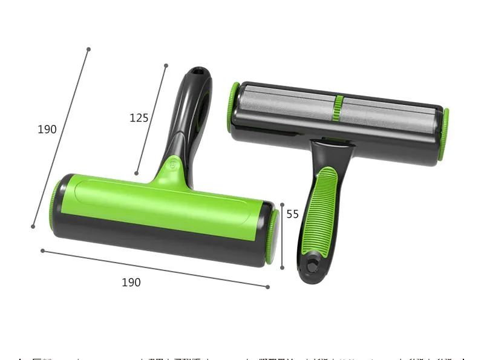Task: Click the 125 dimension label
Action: [139, 118]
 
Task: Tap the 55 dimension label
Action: [293, 214]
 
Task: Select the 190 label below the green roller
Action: [131, 283]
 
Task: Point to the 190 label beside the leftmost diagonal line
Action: [47, 129]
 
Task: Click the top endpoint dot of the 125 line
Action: [166, 65]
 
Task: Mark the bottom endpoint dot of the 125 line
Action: [137, 174]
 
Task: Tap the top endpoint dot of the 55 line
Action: [282, 204]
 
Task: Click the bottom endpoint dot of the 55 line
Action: [282, 268]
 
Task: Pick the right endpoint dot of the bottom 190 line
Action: [267, 286]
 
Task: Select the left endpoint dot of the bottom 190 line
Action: [42, 250]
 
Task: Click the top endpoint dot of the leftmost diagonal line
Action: [88, 49]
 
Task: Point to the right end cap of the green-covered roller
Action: [271, 237]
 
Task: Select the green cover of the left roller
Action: [163, 203]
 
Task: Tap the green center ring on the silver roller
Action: [339, 106]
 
